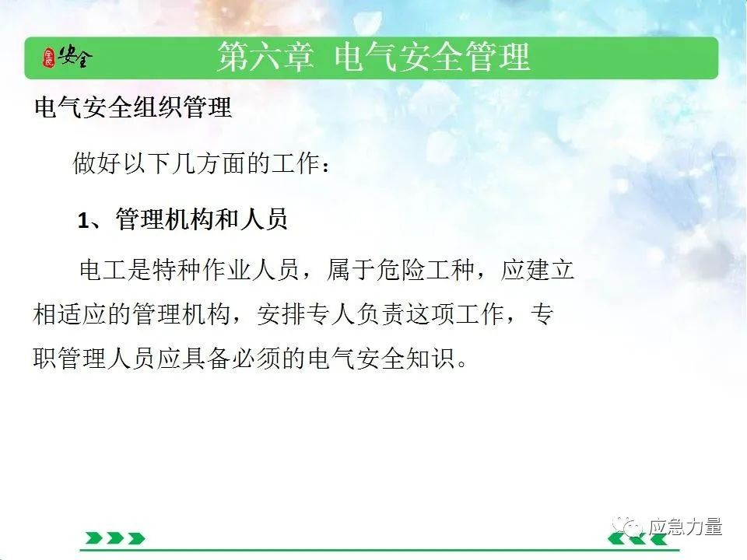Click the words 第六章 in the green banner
[265, 57]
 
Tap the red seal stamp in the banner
[49, 58]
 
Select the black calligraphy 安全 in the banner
[75, 57]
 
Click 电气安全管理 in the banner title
[432, 57]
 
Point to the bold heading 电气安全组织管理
[133, 107]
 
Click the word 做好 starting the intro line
[97, 163]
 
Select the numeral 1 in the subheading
[83, 221]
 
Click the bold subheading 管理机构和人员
[202, 219]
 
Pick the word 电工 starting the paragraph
[103, 270]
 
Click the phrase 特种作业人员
[226, 270]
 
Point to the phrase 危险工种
[425, 270]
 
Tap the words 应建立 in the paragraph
[538, 270]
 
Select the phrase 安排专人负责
[331, 314]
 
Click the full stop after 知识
[461, 364]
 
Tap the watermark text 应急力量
[685, 527]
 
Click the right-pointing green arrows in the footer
[115, 538]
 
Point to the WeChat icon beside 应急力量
[627, 527]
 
